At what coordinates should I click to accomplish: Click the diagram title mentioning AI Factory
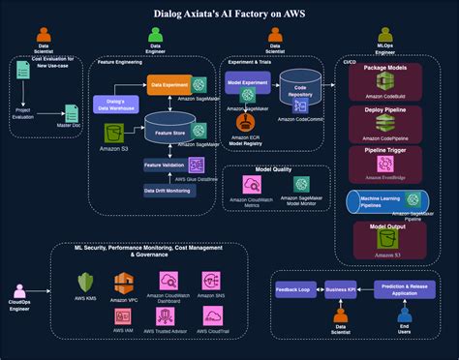pos(229,15)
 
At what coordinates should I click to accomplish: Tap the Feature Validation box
pos(166,165)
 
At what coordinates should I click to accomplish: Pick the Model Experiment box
pos(246,84)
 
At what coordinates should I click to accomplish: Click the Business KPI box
pos(340,289)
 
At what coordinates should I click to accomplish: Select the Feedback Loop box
pos(292,289)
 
